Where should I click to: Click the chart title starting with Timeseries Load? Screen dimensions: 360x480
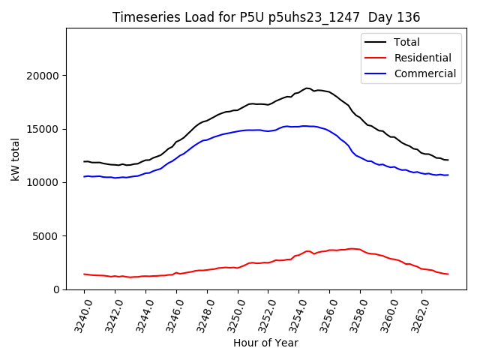[x=266, y=16]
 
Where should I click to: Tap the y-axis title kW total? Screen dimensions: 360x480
[x=16, y=158]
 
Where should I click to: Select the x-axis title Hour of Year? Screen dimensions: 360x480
[x=265, y=343]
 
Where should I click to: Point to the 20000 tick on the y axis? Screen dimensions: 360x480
[x=43, y=76]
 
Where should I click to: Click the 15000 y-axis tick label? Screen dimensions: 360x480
[x=43, y=129]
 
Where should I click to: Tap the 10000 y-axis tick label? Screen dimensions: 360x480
[x=43, y=182]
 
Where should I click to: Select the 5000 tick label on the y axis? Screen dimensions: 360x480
[x=46, y=236]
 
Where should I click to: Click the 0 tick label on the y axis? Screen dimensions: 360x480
[x=56, y=289]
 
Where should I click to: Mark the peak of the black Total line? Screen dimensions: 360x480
[x=307, y=88]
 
